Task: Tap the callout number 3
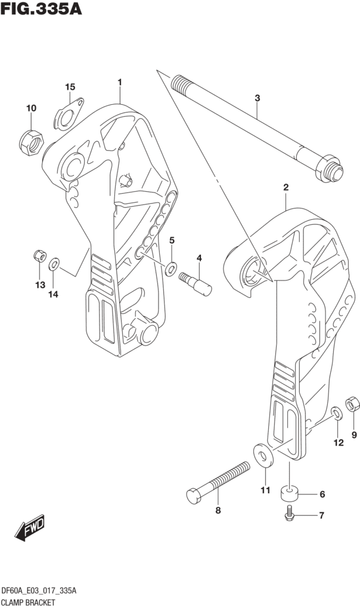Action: pos(257,98)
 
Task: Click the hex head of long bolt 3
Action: pos(331,167)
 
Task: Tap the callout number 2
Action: pos(286,188)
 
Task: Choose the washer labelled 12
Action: pos(336,413)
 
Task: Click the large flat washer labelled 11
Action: pos(262,453)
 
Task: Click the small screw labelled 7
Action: pos(290,513)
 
